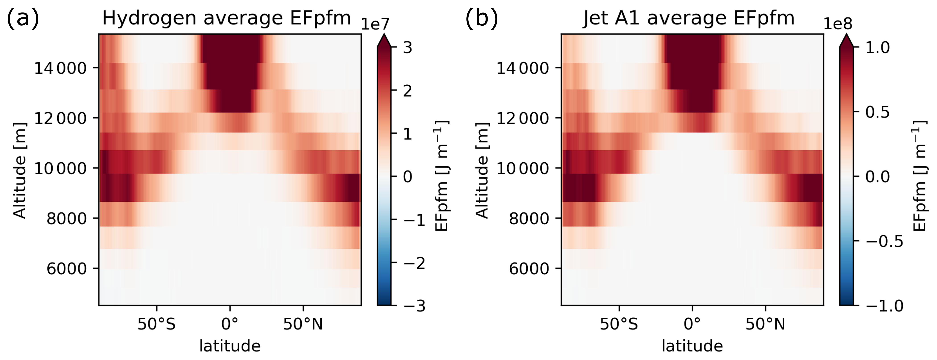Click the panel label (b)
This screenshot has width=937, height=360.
pyautogui.click(x=482, y=18)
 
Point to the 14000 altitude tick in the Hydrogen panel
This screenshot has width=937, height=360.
pyautogui.click(x=60, y=68)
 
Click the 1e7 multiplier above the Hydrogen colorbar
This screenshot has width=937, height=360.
pyautogui.click(x=375, y=24)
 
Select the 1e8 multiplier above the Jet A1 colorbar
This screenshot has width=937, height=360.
pyautogui.click(x=838, y=24)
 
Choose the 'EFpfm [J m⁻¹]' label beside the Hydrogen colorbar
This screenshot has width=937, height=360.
pyautogui.click(x=442, y=176)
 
